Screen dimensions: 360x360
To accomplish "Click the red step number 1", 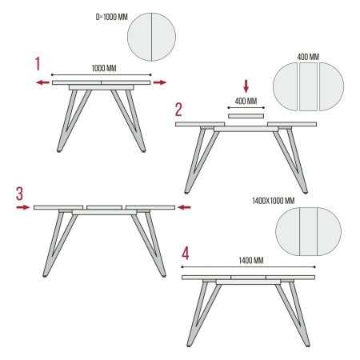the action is (38, 64).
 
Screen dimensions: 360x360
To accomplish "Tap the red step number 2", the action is (178, 110).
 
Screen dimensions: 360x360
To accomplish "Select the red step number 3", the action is (19, 194).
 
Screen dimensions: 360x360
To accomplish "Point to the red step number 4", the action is (186, 253).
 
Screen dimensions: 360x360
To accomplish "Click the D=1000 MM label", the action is (112, 17).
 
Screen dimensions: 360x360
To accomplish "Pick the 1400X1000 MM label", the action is (274, 201).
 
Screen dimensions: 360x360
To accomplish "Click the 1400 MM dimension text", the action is (251, 260).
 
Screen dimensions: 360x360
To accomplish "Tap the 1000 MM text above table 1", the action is (104, 68).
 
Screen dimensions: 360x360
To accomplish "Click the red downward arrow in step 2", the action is (246, 86).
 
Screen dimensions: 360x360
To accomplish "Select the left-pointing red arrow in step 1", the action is (42, 82).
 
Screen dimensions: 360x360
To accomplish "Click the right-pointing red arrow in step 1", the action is (160, 82).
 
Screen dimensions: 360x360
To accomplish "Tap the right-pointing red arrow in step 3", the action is (23, 207).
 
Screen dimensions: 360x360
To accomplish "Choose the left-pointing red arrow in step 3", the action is (184, 207).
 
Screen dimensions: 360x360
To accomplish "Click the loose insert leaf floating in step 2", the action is (246, 116).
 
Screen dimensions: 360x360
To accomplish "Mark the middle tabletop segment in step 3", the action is (104, 207).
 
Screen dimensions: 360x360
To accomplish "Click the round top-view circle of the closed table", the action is (151, 37).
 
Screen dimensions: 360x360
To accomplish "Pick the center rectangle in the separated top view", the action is (308, 86).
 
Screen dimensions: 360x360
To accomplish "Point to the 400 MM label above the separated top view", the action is (308, 57).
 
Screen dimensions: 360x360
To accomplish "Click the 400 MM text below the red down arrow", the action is (246, 101).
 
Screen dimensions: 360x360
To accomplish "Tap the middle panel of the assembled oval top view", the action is (308, 231).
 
